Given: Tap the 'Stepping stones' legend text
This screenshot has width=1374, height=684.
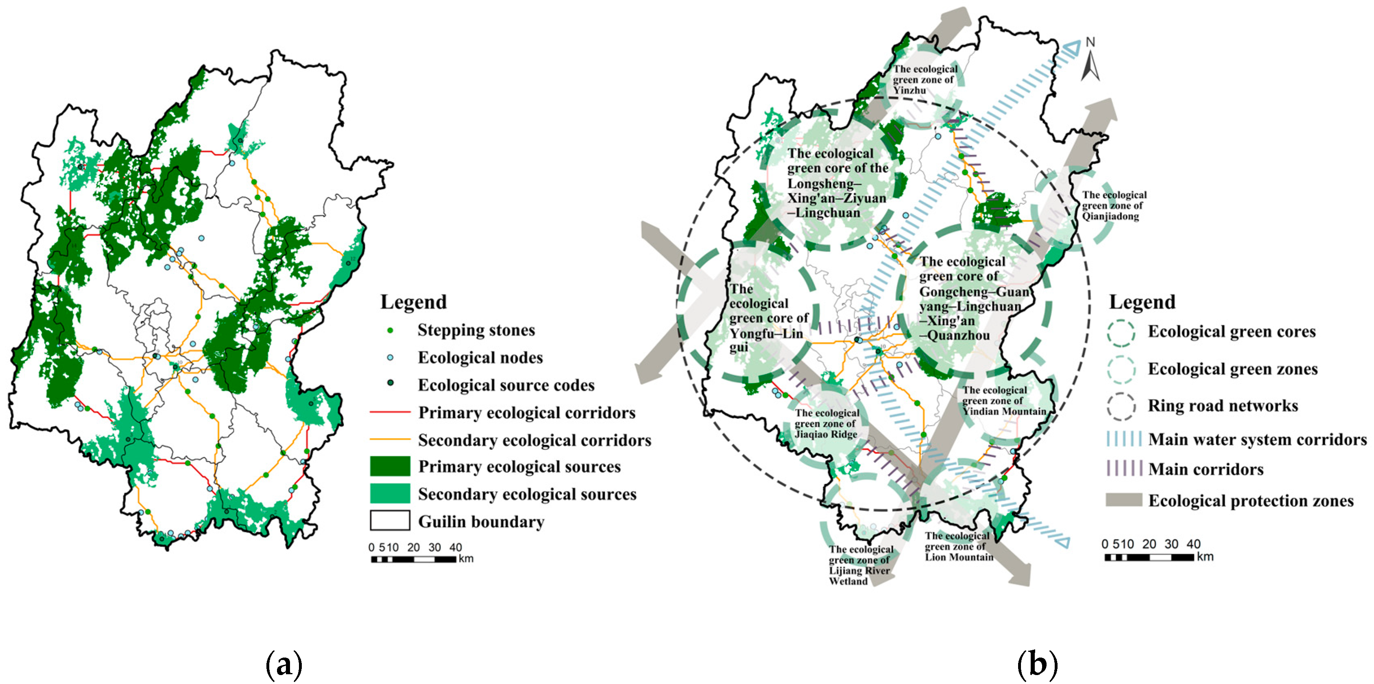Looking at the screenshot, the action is [x=476, y=330].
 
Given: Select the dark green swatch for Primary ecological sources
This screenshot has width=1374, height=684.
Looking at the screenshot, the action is [x=390, y=466].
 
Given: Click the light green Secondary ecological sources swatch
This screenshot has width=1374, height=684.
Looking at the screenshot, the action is [x=390, y=494].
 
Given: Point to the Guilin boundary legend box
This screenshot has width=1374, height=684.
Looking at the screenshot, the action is [x=390, y=521].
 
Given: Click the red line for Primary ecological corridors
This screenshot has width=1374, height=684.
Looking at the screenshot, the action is [x=390, y=412].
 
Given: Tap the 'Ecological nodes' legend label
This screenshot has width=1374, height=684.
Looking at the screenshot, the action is [x=480, y=358].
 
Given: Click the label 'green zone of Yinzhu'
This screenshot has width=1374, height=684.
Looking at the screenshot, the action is [x=925, y=79].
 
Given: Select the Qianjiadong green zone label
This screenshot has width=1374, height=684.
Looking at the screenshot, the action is [x=1114, y=205].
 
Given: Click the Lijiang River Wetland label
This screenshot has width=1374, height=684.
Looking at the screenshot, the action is [x=860, y=565].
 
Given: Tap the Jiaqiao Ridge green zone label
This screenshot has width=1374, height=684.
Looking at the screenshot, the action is [x=827, y=424].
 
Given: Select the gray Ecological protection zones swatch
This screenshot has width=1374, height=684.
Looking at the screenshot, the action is [x=1123, y=500].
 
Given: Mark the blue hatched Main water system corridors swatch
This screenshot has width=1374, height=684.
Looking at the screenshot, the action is [x=1123, y=439].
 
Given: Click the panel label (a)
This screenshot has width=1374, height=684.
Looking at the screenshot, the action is [x=284, y=664].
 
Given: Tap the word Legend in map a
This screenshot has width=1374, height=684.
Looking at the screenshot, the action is [x=413, y=302].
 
